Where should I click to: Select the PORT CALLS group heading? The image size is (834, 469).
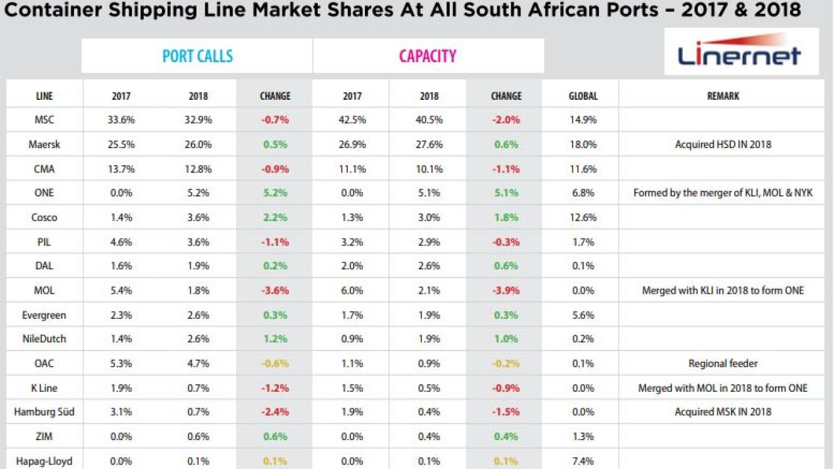(197, 56)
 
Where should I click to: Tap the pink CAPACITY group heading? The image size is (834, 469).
(427, 56)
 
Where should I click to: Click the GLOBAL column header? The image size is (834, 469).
(583, 96)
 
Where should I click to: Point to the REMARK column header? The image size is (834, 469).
(723, 96)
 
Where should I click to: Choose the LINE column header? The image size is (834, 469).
(44, 96)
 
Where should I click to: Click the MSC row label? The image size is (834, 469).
(44, 119)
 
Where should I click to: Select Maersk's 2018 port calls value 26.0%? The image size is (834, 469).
(198, 144)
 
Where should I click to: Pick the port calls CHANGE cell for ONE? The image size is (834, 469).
(274, 193)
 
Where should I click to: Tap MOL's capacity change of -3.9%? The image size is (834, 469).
(506, 290)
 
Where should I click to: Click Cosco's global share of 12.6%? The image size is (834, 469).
(582, 217)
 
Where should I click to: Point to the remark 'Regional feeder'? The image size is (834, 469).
(723, 363)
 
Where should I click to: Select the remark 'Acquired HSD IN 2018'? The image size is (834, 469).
(723, 144)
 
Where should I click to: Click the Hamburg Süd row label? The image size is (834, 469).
(44, 412)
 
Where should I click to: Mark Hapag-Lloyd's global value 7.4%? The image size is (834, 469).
(582, 461)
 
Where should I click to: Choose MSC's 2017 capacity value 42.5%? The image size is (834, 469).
(352, 119)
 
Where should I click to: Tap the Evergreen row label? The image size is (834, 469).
(44, 315)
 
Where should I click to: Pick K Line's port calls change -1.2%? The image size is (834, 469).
(274, 388)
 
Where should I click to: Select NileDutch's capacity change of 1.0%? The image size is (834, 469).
(506, 339)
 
